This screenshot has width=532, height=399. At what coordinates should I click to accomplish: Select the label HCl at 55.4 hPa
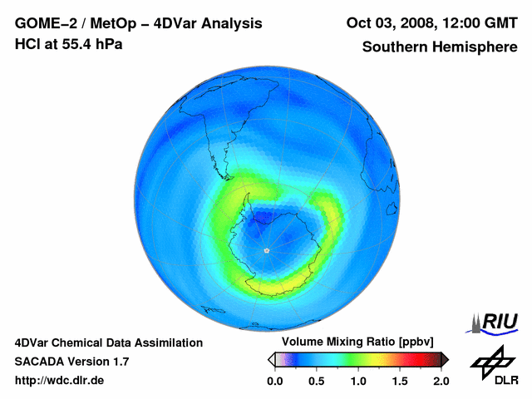click(68, 44)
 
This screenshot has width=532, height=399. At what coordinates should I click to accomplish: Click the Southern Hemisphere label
click(439, 47)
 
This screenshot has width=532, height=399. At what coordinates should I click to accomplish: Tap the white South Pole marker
click(266, 249)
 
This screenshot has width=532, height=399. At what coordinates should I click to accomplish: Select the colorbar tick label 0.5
click(316, 381)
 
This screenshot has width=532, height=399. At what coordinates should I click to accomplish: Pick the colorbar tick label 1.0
click(358, 381)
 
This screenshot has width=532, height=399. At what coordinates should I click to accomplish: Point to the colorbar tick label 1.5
click(400, 381)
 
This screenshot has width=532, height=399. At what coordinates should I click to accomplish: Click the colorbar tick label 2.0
click(441, 381)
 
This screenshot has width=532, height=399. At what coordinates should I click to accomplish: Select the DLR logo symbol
click(490, 362)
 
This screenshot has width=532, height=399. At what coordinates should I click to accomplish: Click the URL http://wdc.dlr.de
click(60, 382)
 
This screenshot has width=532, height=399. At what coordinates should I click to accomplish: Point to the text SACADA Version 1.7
click(71, 362)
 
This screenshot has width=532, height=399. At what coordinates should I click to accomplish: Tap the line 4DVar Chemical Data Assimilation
click(109, 342)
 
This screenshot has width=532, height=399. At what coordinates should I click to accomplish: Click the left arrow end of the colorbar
click(271, 359)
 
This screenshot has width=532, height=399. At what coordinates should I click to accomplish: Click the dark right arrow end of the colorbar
click(445, 359)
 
